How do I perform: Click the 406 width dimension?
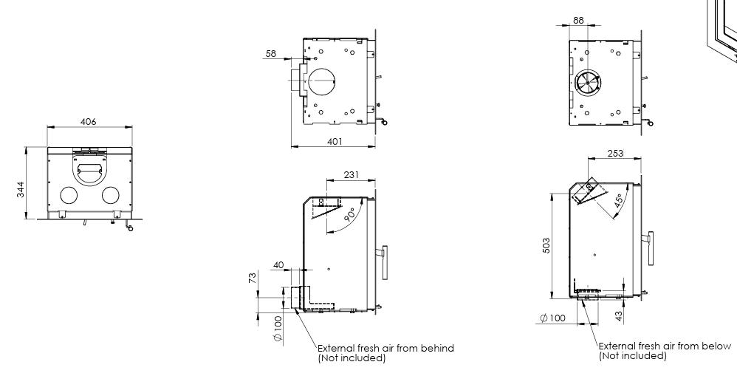click(89, 121)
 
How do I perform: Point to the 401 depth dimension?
click(335, 141)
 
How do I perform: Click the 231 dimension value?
click(351, 175)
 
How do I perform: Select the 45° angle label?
click(619, 198)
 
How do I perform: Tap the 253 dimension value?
click(614, 154)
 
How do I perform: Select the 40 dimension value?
click(278, 264)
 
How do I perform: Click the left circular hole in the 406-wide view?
click(68, 195)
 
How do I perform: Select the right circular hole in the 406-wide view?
click(111, 195)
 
